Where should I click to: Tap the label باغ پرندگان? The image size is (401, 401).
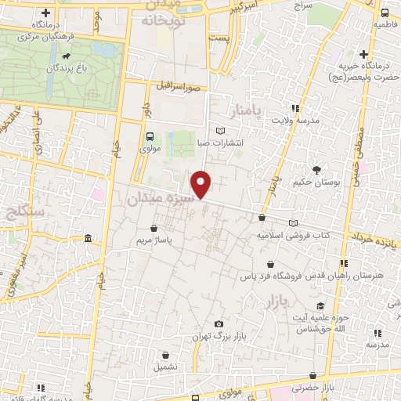coord(81,67)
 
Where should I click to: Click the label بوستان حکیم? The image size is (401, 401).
coord(320,182)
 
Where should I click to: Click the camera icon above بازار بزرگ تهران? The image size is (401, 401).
coord(219,323)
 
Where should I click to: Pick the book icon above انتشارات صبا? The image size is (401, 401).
coord(220,130)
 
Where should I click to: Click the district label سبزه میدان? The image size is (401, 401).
coord(157,200)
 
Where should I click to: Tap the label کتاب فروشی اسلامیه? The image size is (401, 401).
coord(294,234)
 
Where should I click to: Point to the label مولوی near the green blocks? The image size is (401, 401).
coord(149,147)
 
